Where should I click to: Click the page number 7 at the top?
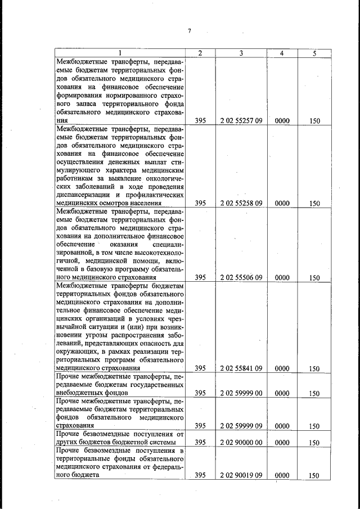point(190,31)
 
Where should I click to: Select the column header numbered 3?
point(241,53)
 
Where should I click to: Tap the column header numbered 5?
point(314,53)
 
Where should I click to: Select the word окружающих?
point(76,352)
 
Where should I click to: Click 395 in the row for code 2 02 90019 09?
point(200,475)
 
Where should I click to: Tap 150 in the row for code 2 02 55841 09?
point(314,369)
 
